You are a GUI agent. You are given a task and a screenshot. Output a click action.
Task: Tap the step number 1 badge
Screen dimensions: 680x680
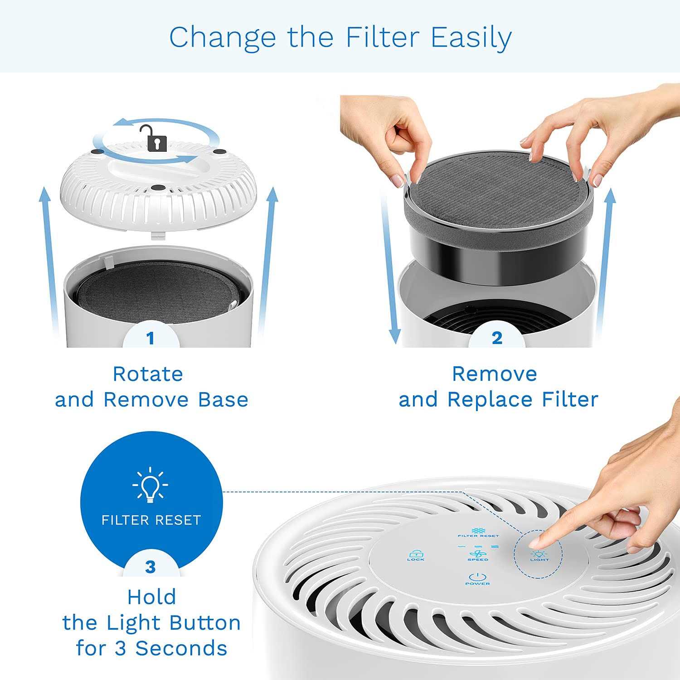[x=151, y=338]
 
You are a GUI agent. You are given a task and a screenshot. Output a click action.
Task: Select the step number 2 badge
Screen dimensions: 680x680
[x=497, y=338]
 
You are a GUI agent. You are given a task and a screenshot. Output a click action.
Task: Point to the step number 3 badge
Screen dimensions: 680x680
[x=151, y=567]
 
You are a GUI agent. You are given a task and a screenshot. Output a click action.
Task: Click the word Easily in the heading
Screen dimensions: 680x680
[x=471, y=38]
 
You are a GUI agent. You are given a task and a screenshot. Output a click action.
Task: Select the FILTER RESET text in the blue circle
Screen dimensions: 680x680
[x=151, y=520]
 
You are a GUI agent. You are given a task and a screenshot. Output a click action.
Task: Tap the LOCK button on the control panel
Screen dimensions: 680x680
[x=415, y=555]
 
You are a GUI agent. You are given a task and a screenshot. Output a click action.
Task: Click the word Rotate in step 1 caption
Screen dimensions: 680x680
[x=148, y=374]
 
